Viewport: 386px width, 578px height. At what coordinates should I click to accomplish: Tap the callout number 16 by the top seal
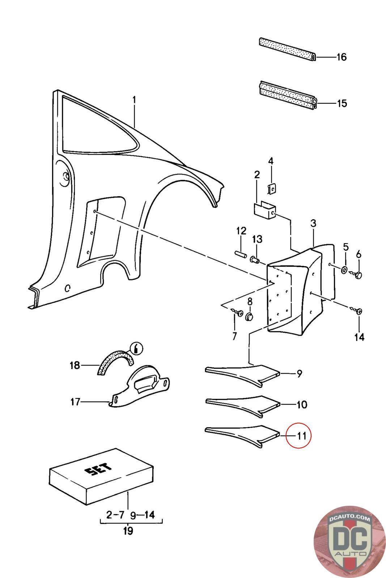pos(341,57)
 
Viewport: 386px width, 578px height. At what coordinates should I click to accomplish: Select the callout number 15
pos(342,103)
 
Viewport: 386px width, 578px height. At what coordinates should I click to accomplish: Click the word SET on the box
pos(98,470)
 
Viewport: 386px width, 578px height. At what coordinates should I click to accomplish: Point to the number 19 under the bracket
pos(128,531)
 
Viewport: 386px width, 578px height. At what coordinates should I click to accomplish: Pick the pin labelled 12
pos(240,253)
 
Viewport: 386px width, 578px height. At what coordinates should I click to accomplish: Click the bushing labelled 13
pos(254,259)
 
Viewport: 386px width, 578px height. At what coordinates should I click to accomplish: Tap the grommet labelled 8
pos(249,317)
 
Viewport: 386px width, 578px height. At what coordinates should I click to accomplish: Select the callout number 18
pos(75,365)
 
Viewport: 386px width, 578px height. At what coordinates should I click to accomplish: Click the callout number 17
pos(75,401)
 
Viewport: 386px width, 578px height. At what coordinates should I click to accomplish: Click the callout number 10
pos(302,404)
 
